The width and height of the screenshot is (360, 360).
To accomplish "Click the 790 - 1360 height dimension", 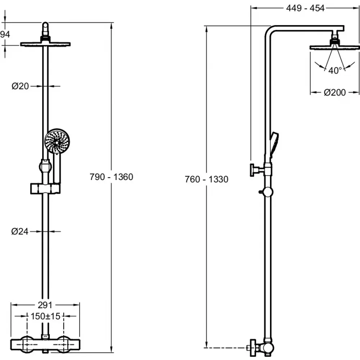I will point(112,177).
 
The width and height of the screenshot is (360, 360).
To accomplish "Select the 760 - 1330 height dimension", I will point(206,179).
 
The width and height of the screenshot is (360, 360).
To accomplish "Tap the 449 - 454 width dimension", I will point(305,8).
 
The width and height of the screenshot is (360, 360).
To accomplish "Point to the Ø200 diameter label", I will point(334,93).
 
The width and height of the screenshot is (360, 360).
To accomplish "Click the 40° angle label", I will point(334,71).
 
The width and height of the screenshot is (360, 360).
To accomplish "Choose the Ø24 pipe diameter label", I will point(20,232).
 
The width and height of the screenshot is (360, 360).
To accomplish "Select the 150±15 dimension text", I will point(45,317).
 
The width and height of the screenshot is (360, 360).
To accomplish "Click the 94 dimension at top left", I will point(4,34).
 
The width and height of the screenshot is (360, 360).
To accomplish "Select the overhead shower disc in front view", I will point(45,44).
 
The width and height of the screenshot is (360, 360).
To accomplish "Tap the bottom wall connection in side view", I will point(256,348).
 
